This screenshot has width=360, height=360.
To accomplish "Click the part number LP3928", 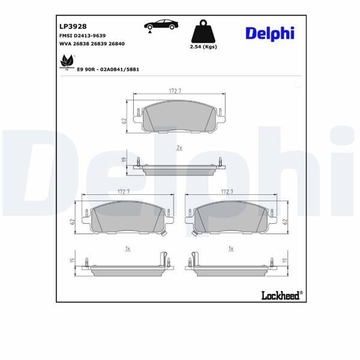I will point(73,26).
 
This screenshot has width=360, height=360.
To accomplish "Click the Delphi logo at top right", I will point(269,33).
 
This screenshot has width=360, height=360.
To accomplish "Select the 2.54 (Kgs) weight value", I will point(202,46).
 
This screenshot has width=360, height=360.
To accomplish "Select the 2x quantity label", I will point(179,147).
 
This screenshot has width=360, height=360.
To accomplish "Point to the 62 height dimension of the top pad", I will point(124,121).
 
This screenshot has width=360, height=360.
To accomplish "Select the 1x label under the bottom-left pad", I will point(127,248).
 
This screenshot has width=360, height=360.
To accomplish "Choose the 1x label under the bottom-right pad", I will point(230,248).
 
